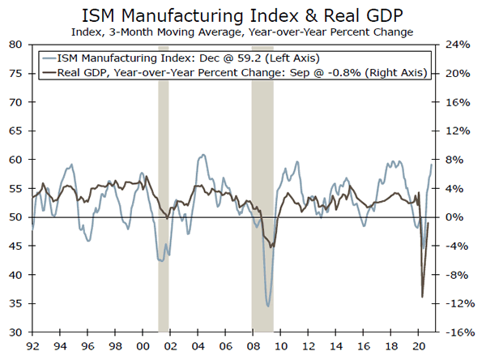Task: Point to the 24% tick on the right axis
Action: click(457, 45)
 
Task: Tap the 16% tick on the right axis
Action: click(457, 102)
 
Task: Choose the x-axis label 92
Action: click(32, 346)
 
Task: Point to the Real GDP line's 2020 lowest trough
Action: click(422, 297)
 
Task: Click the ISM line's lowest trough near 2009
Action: click(269, 306)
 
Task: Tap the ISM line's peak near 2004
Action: click(201, 154)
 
